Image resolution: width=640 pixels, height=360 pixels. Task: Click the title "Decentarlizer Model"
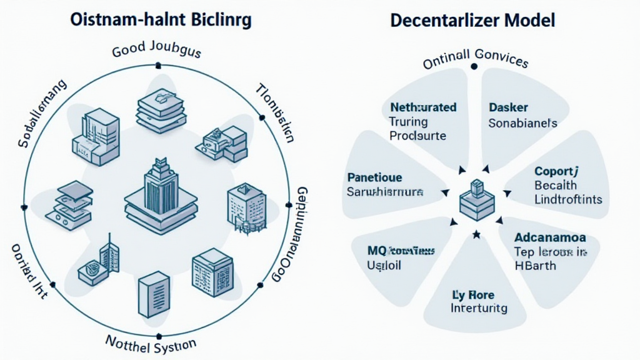[472, 20]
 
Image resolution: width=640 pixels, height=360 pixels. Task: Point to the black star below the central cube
[476, 234]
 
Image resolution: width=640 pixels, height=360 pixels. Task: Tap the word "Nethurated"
[423, 107]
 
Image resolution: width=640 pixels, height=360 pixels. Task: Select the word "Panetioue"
[374, 177]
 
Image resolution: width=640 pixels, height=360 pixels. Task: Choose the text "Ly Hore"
[473, 294]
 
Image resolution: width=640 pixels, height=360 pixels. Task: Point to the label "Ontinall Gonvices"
[476, 60]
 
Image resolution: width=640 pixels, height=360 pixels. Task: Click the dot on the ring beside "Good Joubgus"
[158, 64]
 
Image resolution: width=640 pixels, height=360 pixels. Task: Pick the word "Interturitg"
[479, 308]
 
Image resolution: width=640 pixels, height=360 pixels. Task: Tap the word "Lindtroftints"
[568, 199]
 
